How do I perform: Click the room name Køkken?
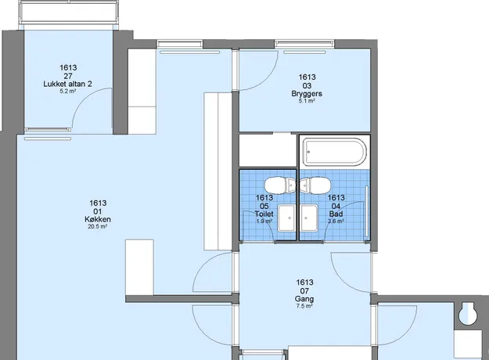coord(98,219)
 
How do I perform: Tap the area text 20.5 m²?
coord(98,227)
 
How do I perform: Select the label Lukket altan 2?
coord(67,84)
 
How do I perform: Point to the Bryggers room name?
coord(307,94)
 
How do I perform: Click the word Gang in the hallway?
coord(304,299)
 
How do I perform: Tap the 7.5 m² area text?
coord(304,306)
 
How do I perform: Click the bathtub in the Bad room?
coord(335,152)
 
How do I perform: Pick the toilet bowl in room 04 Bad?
coord(315,185)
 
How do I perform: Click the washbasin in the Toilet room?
coord(286,218)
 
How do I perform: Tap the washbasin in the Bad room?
coord(309,218)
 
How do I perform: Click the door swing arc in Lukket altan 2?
coord(84,99)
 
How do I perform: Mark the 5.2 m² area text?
coord(67,92)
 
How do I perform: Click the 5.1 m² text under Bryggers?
coord(307,101)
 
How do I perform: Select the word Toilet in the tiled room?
coord(264,214)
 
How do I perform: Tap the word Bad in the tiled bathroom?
coord(336,214)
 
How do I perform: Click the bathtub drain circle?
coord(309,152)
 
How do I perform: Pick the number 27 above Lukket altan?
coord(68,76)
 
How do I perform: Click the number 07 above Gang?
coord(304,291)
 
